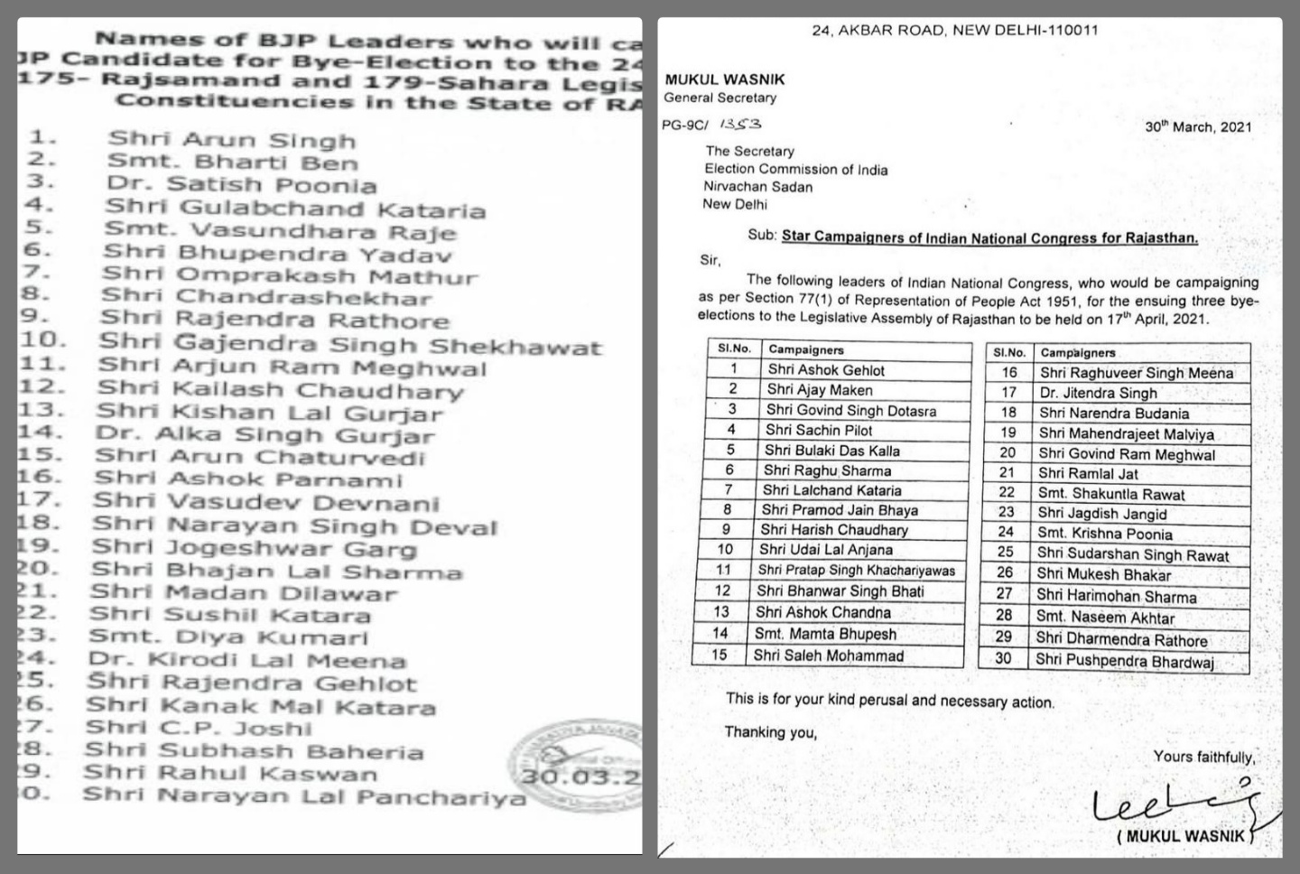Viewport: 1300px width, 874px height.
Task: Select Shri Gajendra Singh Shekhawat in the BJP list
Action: click(x=349, y=345)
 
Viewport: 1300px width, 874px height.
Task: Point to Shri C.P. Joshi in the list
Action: click(x=199, y=729)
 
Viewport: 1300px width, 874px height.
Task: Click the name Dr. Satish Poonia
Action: click(x=241, y=185)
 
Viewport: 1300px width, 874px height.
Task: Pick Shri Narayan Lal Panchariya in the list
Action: click(x=303, y=796)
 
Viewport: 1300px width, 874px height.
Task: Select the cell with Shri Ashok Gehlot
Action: click(x=826, y=369)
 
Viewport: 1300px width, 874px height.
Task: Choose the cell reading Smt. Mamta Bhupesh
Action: click(x=825, y=634)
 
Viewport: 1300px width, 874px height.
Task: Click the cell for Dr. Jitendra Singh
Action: click(x=1098, y=393)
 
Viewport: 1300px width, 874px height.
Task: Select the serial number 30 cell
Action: click(x=1003, y=658)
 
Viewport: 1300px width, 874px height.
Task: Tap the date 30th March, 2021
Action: click(x=1198, y=127)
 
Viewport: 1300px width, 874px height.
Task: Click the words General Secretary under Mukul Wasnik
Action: click(x=720, y=98)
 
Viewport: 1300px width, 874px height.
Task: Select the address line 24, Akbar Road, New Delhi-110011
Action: click(x=954, y=30)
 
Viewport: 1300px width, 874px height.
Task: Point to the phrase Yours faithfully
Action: click(x=1203, y=757)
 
